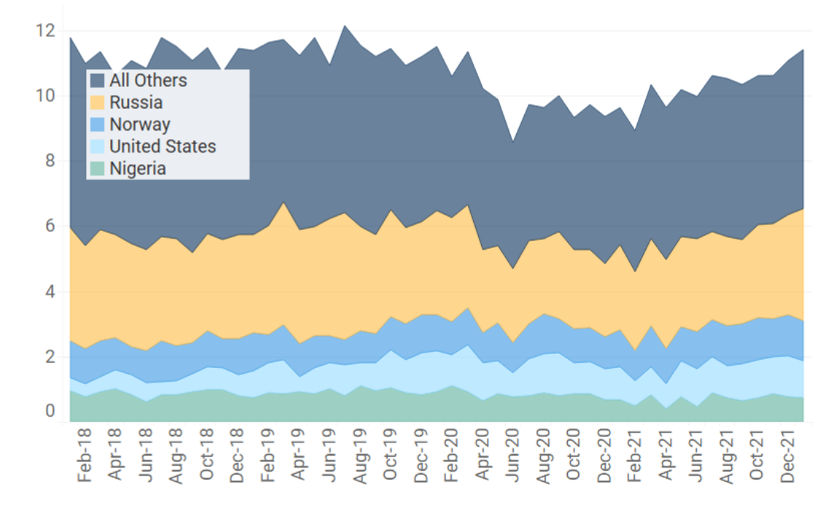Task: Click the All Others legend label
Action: [148, 81]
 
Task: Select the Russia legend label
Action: [136, 103]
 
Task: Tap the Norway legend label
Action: [139, 125]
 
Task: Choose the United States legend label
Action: [163, 147]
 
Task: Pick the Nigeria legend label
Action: [138, 169]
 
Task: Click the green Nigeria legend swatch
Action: [97, 169]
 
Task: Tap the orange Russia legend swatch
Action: [97, 103]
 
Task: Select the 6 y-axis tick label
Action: [50, 227]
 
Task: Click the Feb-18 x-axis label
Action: [85, 460]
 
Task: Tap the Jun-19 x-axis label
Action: [329, 460]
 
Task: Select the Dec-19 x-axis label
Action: [421, 460]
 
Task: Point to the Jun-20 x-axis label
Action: [513, 460]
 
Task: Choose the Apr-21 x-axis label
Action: [666, 460]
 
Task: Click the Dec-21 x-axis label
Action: [788, 460]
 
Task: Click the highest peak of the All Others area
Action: [345, 26]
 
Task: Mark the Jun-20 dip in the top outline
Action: [514, 142]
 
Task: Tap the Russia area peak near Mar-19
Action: [283, 202]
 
